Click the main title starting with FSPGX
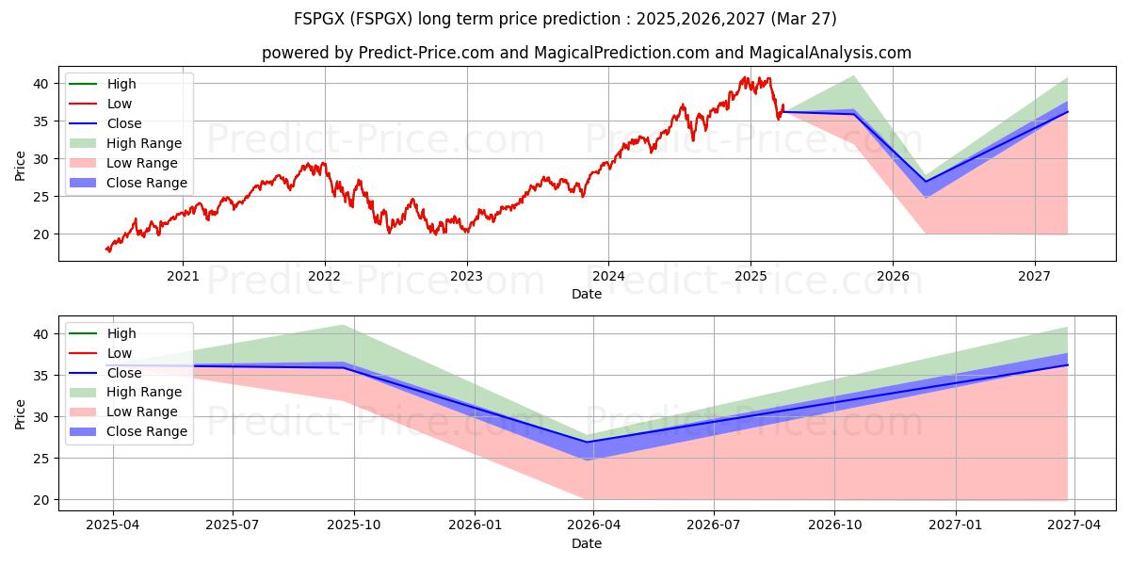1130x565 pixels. [565, 19]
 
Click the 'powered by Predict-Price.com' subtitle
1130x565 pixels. [586, 54]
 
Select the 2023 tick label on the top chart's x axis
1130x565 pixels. [466, 276]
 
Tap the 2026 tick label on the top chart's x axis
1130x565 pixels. [893, 276]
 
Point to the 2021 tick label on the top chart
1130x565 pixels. [183, 276]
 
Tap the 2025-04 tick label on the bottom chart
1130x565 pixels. [113, 525]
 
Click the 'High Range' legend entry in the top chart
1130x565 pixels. [143, 143]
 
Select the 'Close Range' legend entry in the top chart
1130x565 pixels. [146, 183]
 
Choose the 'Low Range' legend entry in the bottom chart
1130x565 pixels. [142, 412]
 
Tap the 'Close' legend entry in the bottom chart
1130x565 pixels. [124, 373]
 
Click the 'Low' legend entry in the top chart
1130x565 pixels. [120, 104]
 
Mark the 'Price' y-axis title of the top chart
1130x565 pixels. [21, 165]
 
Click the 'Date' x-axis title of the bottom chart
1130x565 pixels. [586, 543]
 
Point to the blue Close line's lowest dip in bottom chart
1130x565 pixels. [588, 442]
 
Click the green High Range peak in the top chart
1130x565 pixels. [853, 76]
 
